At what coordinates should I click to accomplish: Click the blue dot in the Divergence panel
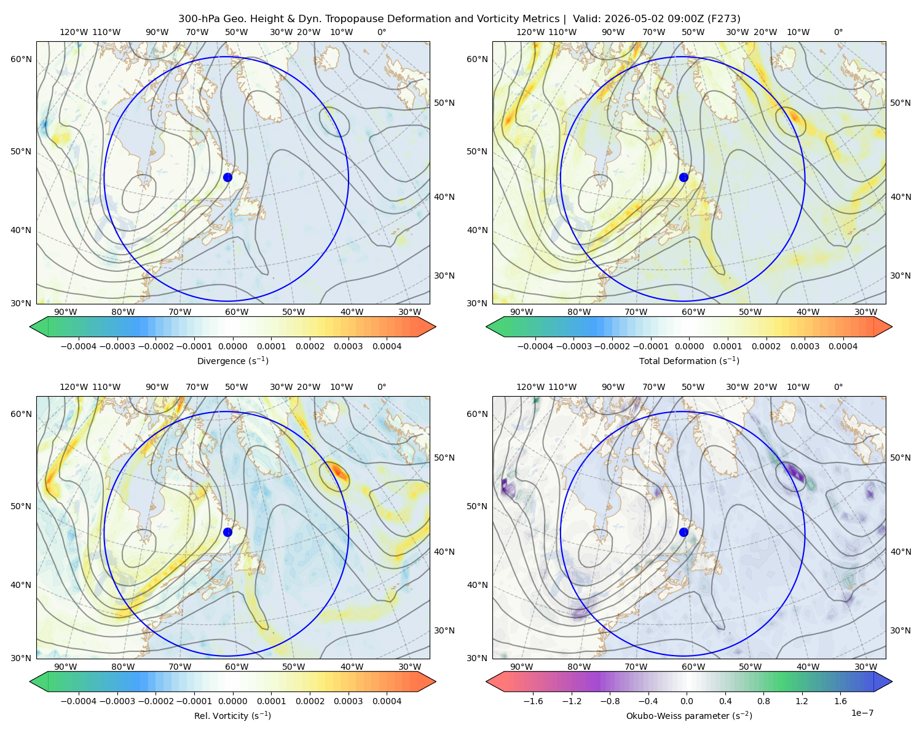tap(227, 177)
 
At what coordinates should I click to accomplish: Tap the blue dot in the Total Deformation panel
tap(684, 177)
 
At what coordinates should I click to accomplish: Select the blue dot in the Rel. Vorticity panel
tap(227, 532)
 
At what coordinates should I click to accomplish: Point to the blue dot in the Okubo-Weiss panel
tap(684, 532)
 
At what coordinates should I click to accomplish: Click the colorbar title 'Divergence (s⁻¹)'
tap(232, 360)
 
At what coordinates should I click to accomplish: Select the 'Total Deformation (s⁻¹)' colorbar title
tap(689, 360)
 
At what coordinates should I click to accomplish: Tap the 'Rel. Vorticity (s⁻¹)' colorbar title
tap(232, 715)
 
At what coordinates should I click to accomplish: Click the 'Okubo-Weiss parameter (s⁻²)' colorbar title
tap(689, 715)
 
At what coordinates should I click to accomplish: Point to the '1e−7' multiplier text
tap(862, 713)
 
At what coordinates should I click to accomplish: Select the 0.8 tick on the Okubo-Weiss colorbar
tap(763, 700)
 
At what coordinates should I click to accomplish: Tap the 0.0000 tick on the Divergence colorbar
tap(232, 346)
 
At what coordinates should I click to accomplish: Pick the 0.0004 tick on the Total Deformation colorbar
tap(843, 346)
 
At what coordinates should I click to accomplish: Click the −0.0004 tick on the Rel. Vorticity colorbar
tap(79, 700)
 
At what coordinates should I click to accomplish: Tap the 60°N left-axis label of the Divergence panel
tap(21, 59)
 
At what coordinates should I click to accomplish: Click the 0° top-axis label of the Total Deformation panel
tap(838, 32)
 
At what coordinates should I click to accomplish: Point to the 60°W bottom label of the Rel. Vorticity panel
tap(237, 667)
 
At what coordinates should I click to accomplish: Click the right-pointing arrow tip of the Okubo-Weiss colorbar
tap(892, 681)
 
